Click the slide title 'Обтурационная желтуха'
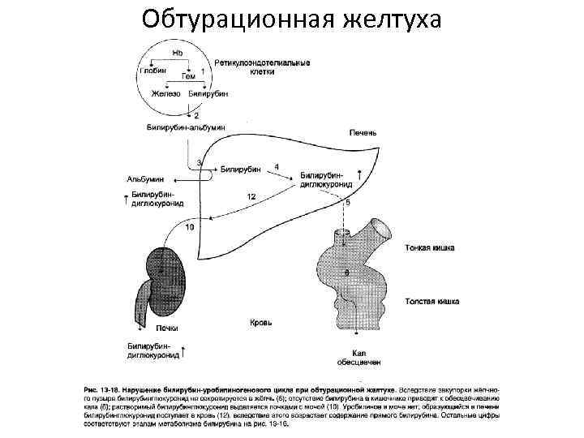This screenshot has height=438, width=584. tap(291, 18)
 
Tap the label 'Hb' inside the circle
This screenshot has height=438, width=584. tap(178, 54)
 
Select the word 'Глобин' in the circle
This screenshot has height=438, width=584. tap(153, 71)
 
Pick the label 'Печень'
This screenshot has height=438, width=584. tap(362, 132)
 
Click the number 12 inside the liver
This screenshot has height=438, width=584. tap(251, 197)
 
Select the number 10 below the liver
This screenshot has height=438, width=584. tap(189, 228)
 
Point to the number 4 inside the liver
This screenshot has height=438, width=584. tap(277, 166)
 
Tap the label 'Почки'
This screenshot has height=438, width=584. tap(167, 329)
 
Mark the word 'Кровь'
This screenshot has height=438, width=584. tap(262, 322)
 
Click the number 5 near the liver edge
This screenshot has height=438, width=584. tap(348, 201)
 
